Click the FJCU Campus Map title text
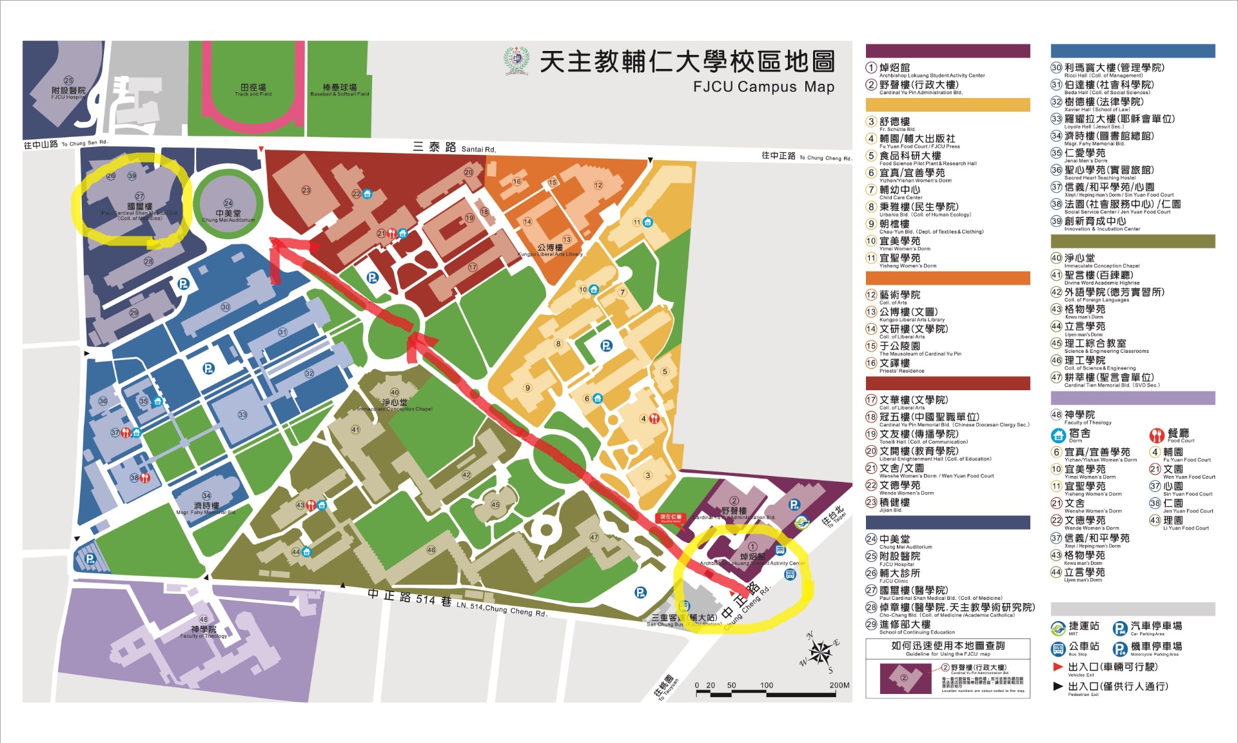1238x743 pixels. tap(763, 87)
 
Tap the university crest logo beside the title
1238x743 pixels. tap(516, 62)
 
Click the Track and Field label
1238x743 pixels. tap(253, 90)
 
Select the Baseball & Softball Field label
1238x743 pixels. tap(339, 90)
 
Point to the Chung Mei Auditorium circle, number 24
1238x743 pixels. tap(228, 204)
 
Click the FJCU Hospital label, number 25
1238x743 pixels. tap(68, 90)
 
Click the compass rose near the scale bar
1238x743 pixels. tap(820, 653)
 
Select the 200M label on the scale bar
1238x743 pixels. tap(839, 685)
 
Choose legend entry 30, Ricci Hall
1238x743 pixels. tap(1114, 68)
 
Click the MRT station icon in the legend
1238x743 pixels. tap(1057, 628)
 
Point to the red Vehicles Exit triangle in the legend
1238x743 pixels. tap(1057, 666)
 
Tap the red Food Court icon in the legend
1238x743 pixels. tap(1157, 435)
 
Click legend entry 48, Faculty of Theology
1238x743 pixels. tap(1079, 415)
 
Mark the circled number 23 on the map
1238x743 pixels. tap(306, 190)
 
